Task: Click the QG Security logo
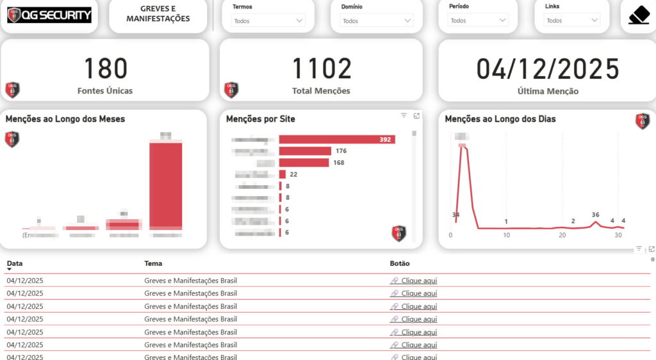click(x=49, y=15)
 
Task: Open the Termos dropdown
click(x=268, y=20)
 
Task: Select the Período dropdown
click(x=478, y=20)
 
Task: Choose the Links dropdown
click(x=571, y=20)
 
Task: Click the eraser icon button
click(x=639, y=15)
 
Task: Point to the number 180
click(x=105, y=69)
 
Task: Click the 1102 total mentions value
click(x=321, y=69)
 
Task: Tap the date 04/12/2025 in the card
click(x=548, y=69)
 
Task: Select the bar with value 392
click(x=336, y=140)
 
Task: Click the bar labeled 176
click(x=305, y=151)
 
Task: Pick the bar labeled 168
click(x=304, y=163)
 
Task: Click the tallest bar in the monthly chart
click(x=166, y=186)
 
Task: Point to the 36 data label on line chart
click(x=596, y=215)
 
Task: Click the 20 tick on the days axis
click(x=562, y=235)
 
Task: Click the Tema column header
click(x=153, y=263)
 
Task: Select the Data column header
click(x=15, y=263)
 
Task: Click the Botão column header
click(x=400, y=263)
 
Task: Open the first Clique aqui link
click(x=419, y=281)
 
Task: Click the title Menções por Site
click(x=261, y=119)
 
